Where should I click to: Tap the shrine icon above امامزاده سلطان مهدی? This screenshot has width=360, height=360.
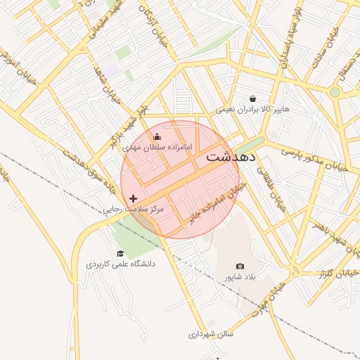point(157,136)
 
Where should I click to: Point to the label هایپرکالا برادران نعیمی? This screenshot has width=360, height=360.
point(252,110)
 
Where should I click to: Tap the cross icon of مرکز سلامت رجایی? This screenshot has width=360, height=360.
point(134,199)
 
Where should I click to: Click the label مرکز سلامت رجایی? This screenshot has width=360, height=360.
point(133,210)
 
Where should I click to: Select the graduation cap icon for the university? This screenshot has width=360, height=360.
point(120,253)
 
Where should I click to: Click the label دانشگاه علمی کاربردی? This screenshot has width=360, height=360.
point(120,264)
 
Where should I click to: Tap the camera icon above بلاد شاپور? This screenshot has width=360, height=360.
point(240,266)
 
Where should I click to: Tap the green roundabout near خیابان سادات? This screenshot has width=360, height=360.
point(335,91)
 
